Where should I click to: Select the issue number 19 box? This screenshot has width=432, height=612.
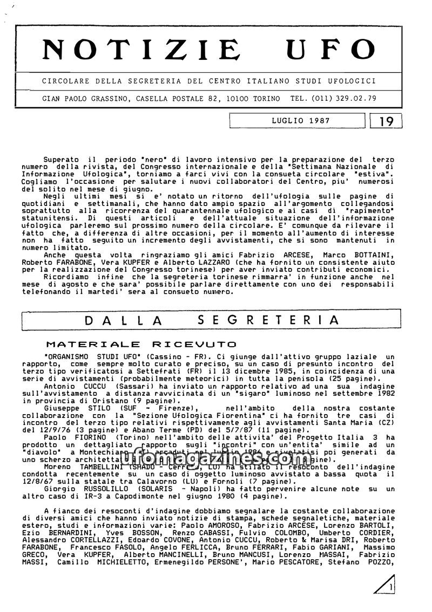[387, 121]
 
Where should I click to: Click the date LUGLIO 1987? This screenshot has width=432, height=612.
[301, 121]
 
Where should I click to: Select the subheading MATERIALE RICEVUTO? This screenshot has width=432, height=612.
[141, 343]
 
